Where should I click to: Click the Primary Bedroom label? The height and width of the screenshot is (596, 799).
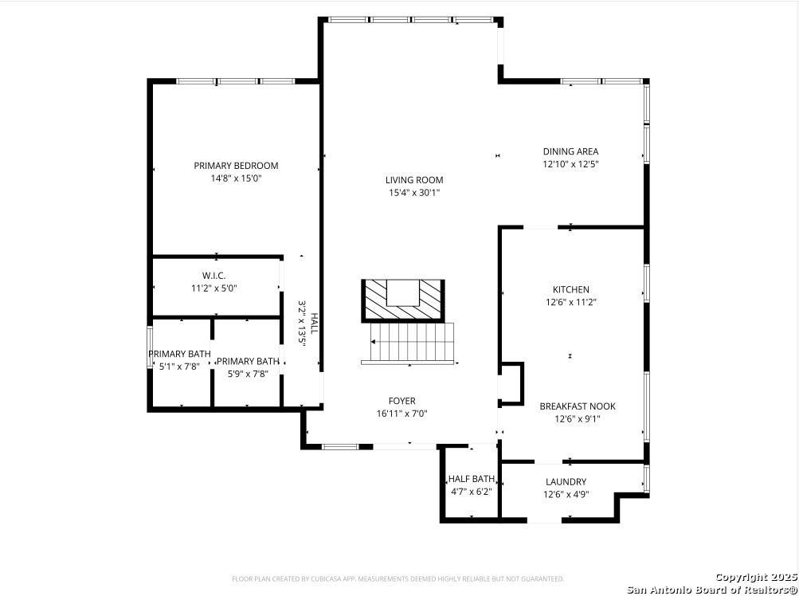point(236,166)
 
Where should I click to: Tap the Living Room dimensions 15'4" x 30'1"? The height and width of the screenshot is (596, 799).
point(413,193)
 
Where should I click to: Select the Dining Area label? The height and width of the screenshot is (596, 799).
point(570,151)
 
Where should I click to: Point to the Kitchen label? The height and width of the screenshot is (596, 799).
point(570,289)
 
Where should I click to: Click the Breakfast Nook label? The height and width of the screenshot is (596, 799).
point(578,406)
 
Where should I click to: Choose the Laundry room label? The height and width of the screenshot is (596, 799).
point(566,482)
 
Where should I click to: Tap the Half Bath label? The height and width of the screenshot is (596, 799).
point(472,479)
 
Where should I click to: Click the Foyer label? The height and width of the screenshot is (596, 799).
point(402,402)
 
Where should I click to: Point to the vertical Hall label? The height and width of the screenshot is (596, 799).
point(314,323)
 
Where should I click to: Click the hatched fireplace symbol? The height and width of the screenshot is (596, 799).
point(402,301)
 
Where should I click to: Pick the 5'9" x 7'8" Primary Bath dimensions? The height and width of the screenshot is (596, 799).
point(248,374)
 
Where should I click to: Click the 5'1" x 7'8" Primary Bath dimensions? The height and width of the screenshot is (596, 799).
point(178,366)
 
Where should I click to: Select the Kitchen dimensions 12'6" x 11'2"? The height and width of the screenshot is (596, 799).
point(570,302)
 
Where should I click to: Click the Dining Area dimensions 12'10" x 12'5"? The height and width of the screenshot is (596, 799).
point(570,164)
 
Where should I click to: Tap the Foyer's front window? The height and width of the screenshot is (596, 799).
point(341,447)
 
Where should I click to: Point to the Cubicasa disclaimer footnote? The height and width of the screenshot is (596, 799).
point(398,578)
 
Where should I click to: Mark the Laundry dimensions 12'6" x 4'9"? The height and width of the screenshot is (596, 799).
point(566,494)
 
